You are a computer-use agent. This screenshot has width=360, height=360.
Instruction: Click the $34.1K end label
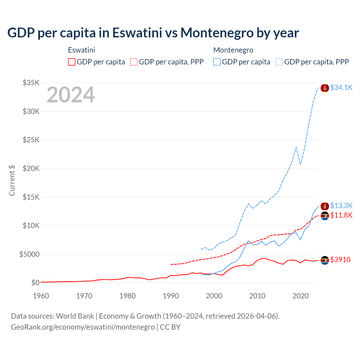click(341, 87)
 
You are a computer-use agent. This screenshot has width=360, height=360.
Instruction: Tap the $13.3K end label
click(341, 206)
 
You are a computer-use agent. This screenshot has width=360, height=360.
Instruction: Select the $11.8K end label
click(341, 215)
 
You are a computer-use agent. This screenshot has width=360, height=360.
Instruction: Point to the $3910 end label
click(340, 260)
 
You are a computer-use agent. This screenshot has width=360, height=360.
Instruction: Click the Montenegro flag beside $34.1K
click(325, 88)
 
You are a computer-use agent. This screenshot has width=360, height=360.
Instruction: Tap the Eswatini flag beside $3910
click(325, 260)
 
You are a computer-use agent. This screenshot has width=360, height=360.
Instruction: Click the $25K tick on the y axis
click(31, 140)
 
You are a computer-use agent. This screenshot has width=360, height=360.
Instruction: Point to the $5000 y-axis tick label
click(29, 254)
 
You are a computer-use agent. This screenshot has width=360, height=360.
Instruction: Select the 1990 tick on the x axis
click(171, 296)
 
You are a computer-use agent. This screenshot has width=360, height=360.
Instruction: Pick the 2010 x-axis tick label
click(257, 296)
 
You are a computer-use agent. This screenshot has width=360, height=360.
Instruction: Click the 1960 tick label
click(41, 296)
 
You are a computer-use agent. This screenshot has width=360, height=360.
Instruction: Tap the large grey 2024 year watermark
click(71, 95)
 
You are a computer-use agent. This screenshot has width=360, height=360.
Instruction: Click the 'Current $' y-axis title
click(12, 181)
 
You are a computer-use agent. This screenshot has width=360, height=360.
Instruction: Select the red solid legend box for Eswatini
click(72, 62)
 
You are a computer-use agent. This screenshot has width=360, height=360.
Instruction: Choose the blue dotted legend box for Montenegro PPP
click(279, 62)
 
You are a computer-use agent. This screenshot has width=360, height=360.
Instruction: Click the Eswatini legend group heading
click(82, 50)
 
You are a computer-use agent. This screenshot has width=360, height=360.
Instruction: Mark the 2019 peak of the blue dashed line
click(296, 147)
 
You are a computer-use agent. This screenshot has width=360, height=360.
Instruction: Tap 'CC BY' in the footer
click(170, 327)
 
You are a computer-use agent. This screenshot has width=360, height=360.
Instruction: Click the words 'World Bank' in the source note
click(75, 316)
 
